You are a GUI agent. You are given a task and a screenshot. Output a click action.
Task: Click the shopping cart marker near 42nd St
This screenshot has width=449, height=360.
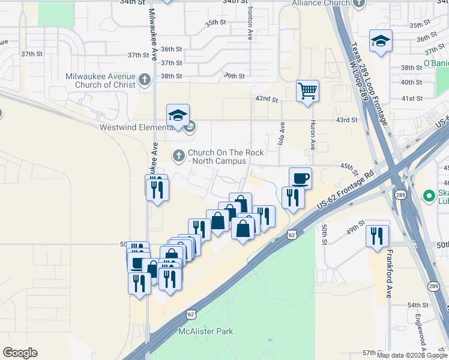click(x=307, y=91)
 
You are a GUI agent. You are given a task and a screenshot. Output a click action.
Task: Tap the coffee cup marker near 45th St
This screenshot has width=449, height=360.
click(x=300, y=178)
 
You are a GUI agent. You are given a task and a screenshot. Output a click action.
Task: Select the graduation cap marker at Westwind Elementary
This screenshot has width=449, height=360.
click(x=178, y=115)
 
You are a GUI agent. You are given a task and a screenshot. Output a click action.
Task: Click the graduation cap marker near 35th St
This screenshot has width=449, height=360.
click(x=381, y=41)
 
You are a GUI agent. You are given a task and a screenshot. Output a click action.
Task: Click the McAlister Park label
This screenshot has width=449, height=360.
click(x=206, y=331)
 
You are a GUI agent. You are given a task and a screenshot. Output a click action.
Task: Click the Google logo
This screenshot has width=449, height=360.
click(x=20, y=353)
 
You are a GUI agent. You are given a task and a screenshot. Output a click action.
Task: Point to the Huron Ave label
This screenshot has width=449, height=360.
click(x=313, y=137)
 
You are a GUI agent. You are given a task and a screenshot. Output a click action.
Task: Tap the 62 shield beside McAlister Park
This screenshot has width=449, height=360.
click(x=191, y=313)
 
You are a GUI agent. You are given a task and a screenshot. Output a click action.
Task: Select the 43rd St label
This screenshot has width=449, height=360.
click(x=346, y=120)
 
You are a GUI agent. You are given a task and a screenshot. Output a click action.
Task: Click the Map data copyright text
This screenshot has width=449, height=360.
click(x=411, y=355)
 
